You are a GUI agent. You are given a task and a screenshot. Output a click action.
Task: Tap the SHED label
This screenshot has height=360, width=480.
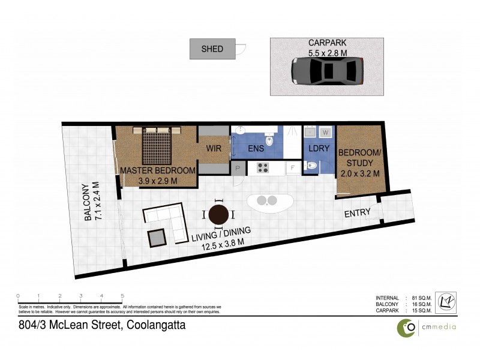[212, 49]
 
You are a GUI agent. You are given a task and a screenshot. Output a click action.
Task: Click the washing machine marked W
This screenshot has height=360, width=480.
[326, 132]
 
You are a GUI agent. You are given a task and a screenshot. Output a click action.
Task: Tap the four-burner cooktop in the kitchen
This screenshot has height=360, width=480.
[263, 168]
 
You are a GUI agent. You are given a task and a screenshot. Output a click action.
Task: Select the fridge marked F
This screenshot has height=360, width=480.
[293, 169]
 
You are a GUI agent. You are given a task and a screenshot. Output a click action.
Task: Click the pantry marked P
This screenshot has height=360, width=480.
[238, 169]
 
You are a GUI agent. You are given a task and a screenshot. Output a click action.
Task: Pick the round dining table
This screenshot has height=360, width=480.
[219, 213]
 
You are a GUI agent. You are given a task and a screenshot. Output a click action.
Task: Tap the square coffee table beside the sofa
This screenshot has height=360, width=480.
[157, 238]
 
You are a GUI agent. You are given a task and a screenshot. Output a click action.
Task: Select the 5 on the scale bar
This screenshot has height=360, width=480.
[122, 296]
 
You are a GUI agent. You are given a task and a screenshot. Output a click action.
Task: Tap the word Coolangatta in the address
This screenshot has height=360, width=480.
[155, 325]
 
